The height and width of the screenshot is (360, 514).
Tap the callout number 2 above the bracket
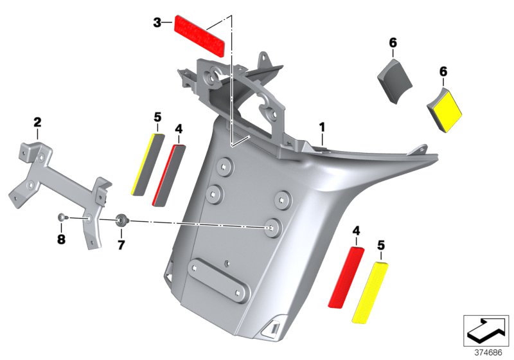tap(37, 122)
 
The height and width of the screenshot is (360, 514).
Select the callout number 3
tap(157, 23)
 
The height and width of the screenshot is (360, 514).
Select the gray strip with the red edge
tap(168, 174)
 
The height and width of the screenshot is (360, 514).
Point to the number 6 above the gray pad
tap(393, 43)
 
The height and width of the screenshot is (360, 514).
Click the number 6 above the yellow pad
tap(443, 71)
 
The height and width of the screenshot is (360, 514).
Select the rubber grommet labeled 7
tap(121, 222)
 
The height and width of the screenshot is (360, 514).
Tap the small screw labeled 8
tap(61, 218)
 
